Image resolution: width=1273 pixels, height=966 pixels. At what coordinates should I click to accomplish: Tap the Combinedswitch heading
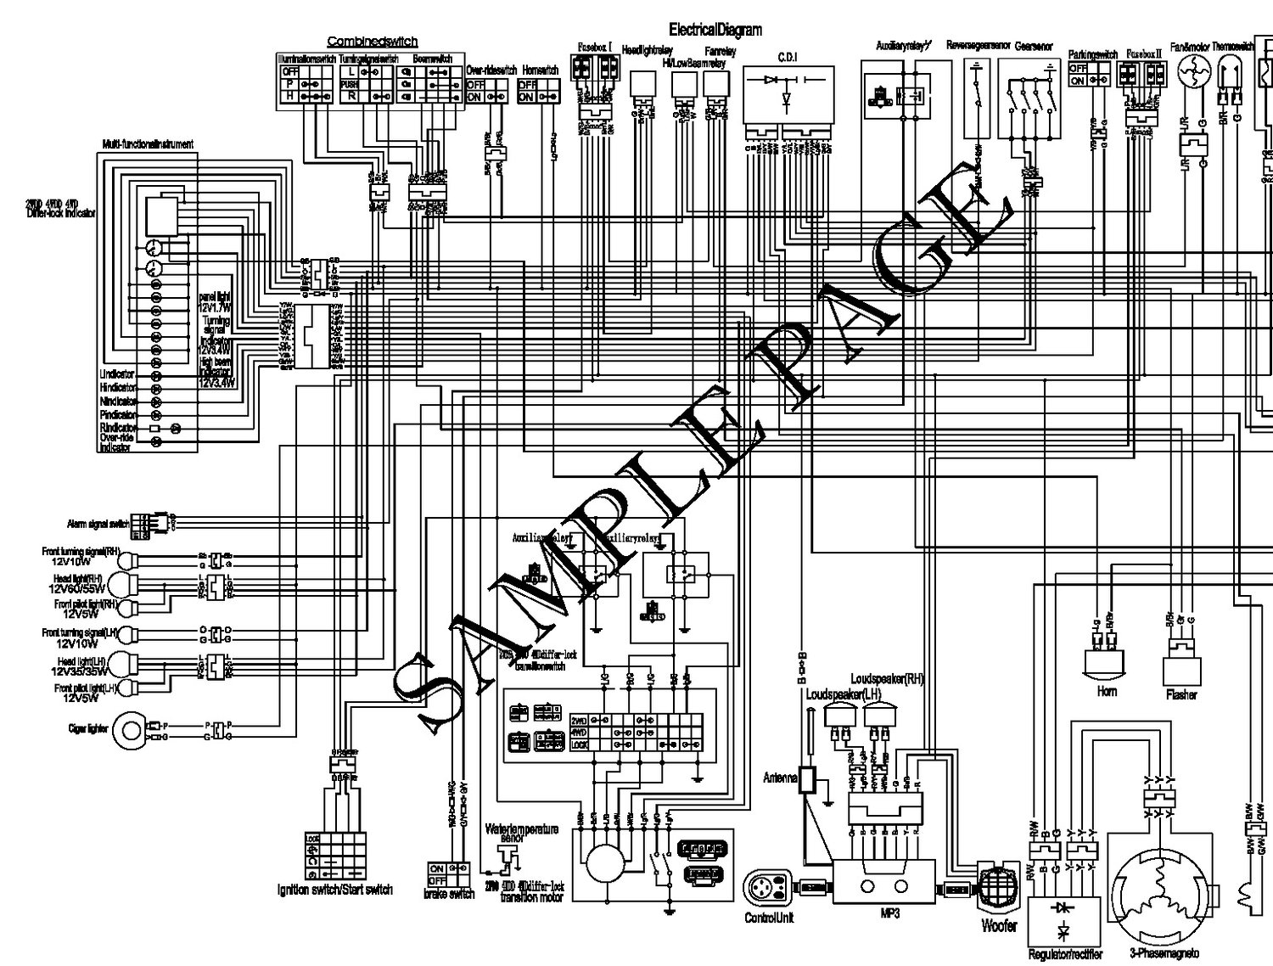click(x=373, y=42)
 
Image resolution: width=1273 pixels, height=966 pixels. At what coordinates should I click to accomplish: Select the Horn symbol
click(x=1107, y=663)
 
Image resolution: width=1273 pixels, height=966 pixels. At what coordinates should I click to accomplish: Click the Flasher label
click(x=1181, y=695)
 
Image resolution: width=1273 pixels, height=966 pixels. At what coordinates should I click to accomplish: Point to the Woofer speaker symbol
click(x=998, y=890)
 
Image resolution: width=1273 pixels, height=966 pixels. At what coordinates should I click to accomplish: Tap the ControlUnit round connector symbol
click(x=766, y=889)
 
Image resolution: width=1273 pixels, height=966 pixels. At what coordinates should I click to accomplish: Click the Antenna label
click(x=780, y=778)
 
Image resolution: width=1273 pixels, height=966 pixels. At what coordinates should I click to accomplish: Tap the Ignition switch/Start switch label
click(x=335, y=890)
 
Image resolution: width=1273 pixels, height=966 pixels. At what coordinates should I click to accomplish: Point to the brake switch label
click(x=449, y=894)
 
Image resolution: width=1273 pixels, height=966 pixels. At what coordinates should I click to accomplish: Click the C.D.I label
click(x=788, y=57)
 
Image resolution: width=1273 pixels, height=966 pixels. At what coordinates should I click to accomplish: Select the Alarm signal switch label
click(x=98, y=525)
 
